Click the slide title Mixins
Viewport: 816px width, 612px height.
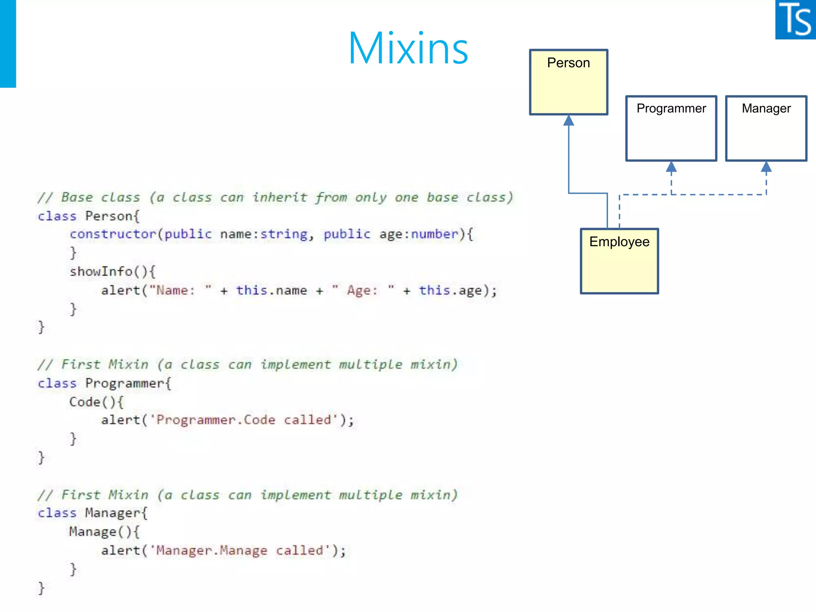[x=408, y=49]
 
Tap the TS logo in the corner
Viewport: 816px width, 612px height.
[x=795, y=20]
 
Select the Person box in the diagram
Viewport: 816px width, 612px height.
[x=568, y=82]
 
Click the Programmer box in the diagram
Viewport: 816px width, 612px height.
[x=671, y=128]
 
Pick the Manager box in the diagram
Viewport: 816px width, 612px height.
[x=766, y=128]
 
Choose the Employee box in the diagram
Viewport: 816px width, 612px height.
[x=619, y=261]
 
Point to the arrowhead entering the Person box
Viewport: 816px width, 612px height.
[x=569, y=120]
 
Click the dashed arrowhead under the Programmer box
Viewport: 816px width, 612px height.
[x=671, y=167]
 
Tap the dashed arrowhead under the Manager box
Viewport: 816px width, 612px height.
[x=766, y=167]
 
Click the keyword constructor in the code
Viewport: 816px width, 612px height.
[x=113, y=234]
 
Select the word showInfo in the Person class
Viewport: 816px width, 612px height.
[x=101, y=272]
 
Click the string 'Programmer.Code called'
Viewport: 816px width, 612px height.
[x=244, y=420]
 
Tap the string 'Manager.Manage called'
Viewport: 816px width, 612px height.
[x=240, y=551]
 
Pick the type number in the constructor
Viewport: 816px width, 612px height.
[x=434, y=234]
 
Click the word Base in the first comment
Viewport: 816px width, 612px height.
[x=77, y=197]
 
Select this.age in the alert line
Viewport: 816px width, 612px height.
[x=450, y=290]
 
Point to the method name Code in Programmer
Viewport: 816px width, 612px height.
[x=84, y=402]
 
